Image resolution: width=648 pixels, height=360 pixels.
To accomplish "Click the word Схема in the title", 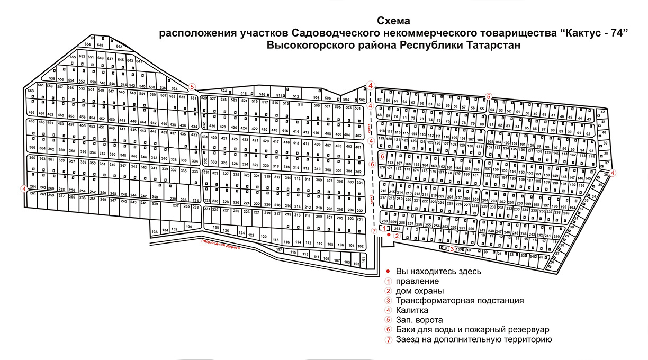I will [x=393, y=21].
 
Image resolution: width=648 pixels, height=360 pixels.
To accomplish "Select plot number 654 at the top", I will [x=88, y=44].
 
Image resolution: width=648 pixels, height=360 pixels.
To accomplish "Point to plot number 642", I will [x=119, y=47].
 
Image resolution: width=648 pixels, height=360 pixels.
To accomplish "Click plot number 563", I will [x=31, y=91].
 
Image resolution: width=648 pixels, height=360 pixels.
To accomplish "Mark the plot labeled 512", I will [x=296, y=96].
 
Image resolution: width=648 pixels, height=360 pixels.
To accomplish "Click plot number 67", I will [x=380, y=100].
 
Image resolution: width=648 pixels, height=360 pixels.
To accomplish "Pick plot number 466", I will [x=31, y=113].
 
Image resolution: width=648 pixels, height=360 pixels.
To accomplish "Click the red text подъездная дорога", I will [x=220, y=244].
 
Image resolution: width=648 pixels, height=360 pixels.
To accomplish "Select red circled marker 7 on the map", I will [x=374, y=231].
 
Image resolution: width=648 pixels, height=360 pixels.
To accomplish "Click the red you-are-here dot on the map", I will [x=388, y=234].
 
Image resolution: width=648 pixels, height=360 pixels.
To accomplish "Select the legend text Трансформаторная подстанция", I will [x=460, y=300].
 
